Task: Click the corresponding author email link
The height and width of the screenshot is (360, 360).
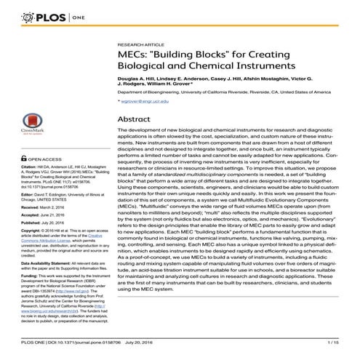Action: coord(143,103)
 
